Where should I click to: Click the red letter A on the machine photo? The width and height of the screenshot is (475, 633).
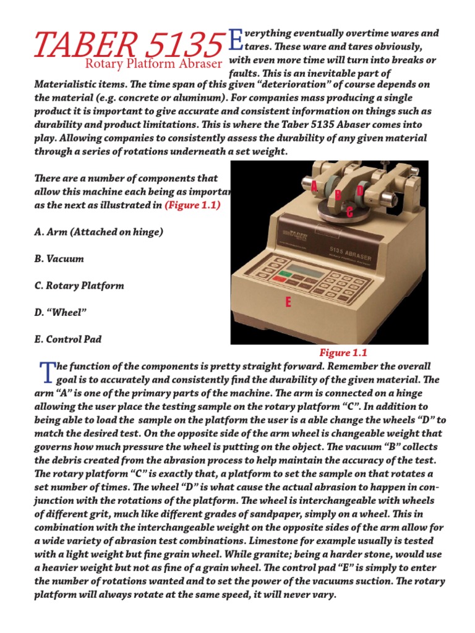pyautogui.click(x=314, y=185)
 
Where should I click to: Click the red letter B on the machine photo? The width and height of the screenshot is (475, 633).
pyautogui.click(x=338, y=195)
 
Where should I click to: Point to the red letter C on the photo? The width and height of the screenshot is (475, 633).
pyautogui.click(x=350, y=213)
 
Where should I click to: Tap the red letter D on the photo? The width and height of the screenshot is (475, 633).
pyautogui.click(x=359, y=191)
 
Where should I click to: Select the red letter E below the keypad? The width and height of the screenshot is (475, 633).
pyautogui.click(x=288, y=302)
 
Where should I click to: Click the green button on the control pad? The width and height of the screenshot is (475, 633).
pyautogui.click(x=285, y=273)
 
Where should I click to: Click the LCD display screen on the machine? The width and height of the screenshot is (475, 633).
pyautogui.click(x=310, y=270)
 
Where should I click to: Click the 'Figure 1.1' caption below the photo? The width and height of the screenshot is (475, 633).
pyautogui.click(x=343, y=353)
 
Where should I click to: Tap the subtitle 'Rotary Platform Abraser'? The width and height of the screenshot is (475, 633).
pyautogui.click(x=153, y=63)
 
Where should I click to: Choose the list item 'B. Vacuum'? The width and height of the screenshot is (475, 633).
pyautogui.click(x=59, y=259)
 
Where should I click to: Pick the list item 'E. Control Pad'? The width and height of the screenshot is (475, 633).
pyautogui.click(x=68, y=339)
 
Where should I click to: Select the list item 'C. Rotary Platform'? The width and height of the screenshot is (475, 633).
pyautogui.click(x=79, y=286)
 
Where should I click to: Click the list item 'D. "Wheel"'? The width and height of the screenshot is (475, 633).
pyautogui.click(x=60, y=313)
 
